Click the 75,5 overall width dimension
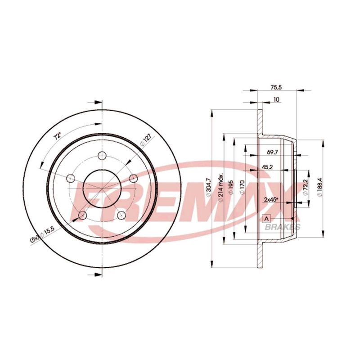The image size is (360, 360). pos(276,87)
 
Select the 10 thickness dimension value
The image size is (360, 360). pos(276,99)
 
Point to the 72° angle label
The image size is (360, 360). pos(57,136)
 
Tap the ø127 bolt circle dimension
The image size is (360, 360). pos(145,140)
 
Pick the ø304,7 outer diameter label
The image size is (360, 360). pos(208,187)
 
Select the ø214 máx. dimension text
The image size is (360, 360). pos(221,188)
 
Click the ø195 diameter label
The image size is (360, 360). pos(231,188)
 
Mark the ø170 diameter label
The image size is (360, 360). pos(242,187)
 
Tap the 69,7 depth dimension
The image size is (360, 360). pos(272,152)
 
